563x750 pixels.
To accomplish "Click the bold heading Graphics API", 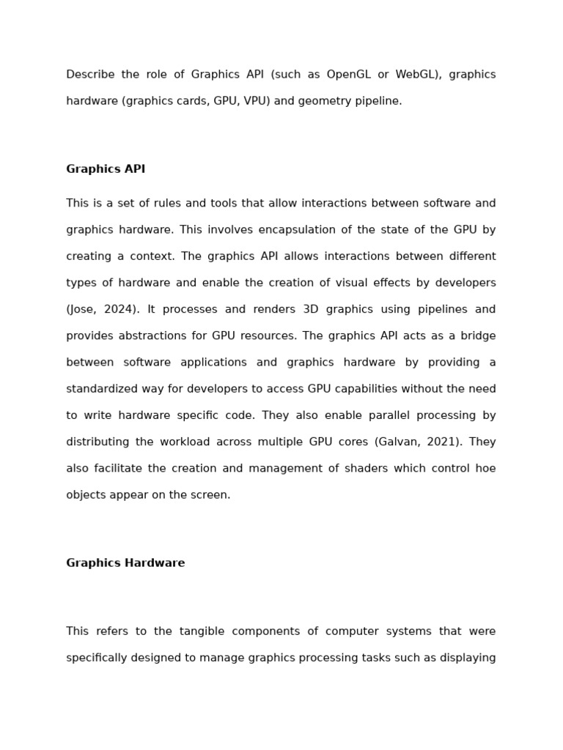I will pos(106,169).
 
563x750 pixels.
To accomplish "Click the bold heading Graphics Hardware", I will pos(125,563).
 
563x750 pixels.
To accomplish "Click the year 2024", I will pos(119,310).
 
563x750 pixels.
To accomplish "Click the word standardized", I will pos(104,389).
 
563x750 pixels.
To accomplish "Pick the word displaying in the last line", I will pos(466,658).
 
